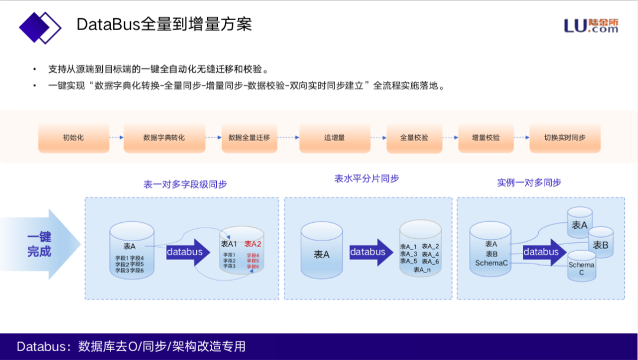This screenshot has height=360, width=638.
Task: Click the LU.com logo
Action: tap(591, 25)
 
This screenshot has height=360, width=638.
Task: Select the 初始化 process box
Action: tap(73, 138)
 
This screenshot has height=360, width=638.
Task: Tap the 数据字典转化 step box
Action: tap(164, 138)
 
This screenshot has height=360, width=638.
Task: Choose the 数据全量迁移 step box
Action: tap(249, 138)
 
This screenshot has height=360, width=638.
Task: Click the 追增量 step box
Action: tap(334, 138)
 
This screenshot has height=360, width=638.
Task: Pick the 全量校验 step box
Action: tap(414, 138)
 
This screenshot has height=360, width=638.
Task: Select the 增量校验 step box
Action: tap(486, 138)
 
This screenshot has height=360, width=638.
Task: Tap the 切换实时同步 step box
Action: tap(565, 138)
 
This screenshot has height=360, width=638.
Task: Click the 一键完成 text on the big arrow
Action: tap(39, 244)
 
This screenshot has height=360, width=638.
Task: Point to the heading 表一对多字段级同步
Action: tap(185, 184)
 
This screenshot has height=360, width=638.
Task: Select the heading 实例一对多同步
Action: tap(529, 183)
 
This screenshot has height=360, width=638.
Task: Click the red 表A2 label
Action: tap(253, 244)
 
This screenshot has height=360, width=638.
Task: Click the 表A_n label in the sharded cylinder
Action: tap(422, 270)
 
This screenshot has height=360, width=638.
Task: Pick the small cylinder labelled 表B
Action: tap(600, 244)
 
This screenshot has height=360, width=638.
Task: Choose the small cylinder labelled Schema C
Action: tap(581, 267)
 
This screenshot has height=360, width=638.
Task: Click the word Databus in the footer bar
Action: tap(41, 346)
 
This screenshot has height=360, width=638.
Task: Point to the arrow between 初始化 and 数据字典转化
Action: tap(116, 138)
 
